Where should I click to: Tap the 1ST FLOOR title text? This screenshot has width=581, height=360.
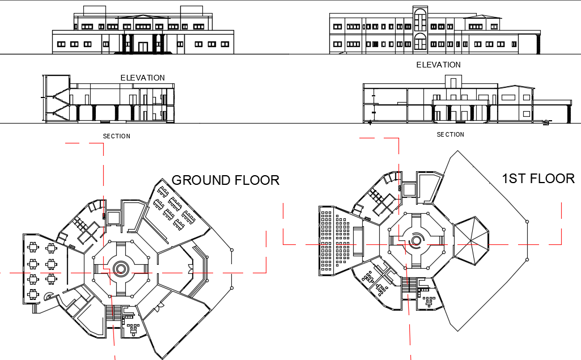tap(538, 179)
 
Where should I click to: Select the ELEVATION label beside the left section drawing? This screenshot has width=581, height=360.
tap(142, 78)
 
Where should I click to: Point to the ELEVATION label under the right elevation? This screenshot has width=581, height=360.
tap(438, 65)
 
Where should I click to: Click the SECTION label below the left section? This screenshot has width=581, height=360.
tap(116, 136)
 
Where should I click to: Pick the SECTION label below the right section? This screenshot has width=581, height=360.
tap(450, 134)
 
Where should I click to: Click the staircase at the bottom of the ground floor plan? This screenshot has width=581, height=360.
tap(113, 314)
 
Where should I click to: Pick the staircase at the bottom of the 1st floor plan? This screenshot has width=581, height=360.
tap(409, 285)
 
